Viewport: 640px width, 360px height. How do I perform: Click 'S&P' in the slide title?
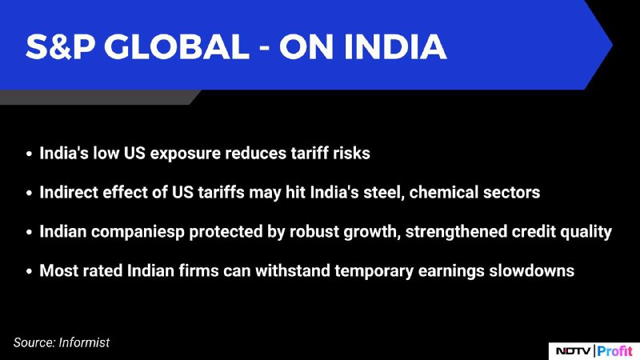[60, 46]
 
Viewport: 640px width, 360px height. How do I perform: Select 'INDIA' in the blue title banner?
[395, 46]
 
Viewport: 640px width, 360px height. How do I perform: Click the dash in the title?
[264, 49]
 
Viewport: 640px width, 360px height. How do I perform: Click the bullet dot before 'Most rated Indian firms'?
[29, 271]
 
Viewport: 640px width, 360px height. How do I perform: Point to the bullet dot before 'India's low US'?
[29, 154]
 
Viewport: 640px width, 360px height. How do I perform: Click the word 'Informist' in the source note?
[84, 342]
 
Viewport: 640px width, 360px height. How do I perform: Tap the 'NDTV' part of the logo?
[573, 351]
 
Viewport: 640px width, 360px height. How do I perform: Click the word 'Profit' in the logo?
[614, 351]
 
